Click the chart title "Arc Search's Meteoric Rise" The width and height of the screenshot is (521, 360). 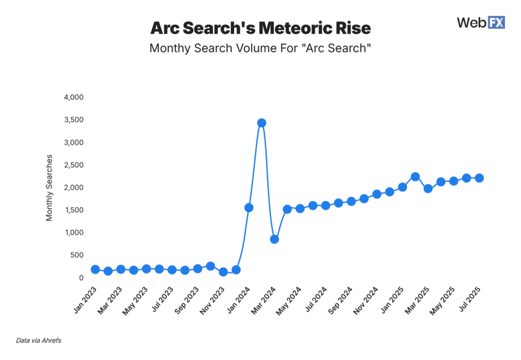(260, 27)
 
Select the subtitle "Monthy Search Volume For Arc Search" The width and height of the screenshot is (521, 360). (260, 49)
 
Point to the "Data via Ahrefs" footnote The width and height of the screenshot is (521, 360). (38, 341)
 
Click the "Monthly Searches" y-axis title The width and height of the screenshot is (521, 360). (49, 187)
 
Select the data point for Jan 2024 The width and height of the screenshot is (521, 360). (249, 208)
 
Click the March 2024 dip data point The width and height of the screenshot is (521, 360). (274, 239)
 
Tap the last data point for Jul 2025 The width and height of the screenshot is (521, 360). (479, 178)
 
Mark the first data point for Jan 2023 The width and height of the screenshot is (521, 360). (95, 269)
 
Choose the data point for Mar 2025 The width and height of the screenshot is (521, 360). (428, 188)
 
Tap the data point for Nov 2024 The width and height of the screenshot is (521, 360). (377, 194)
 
